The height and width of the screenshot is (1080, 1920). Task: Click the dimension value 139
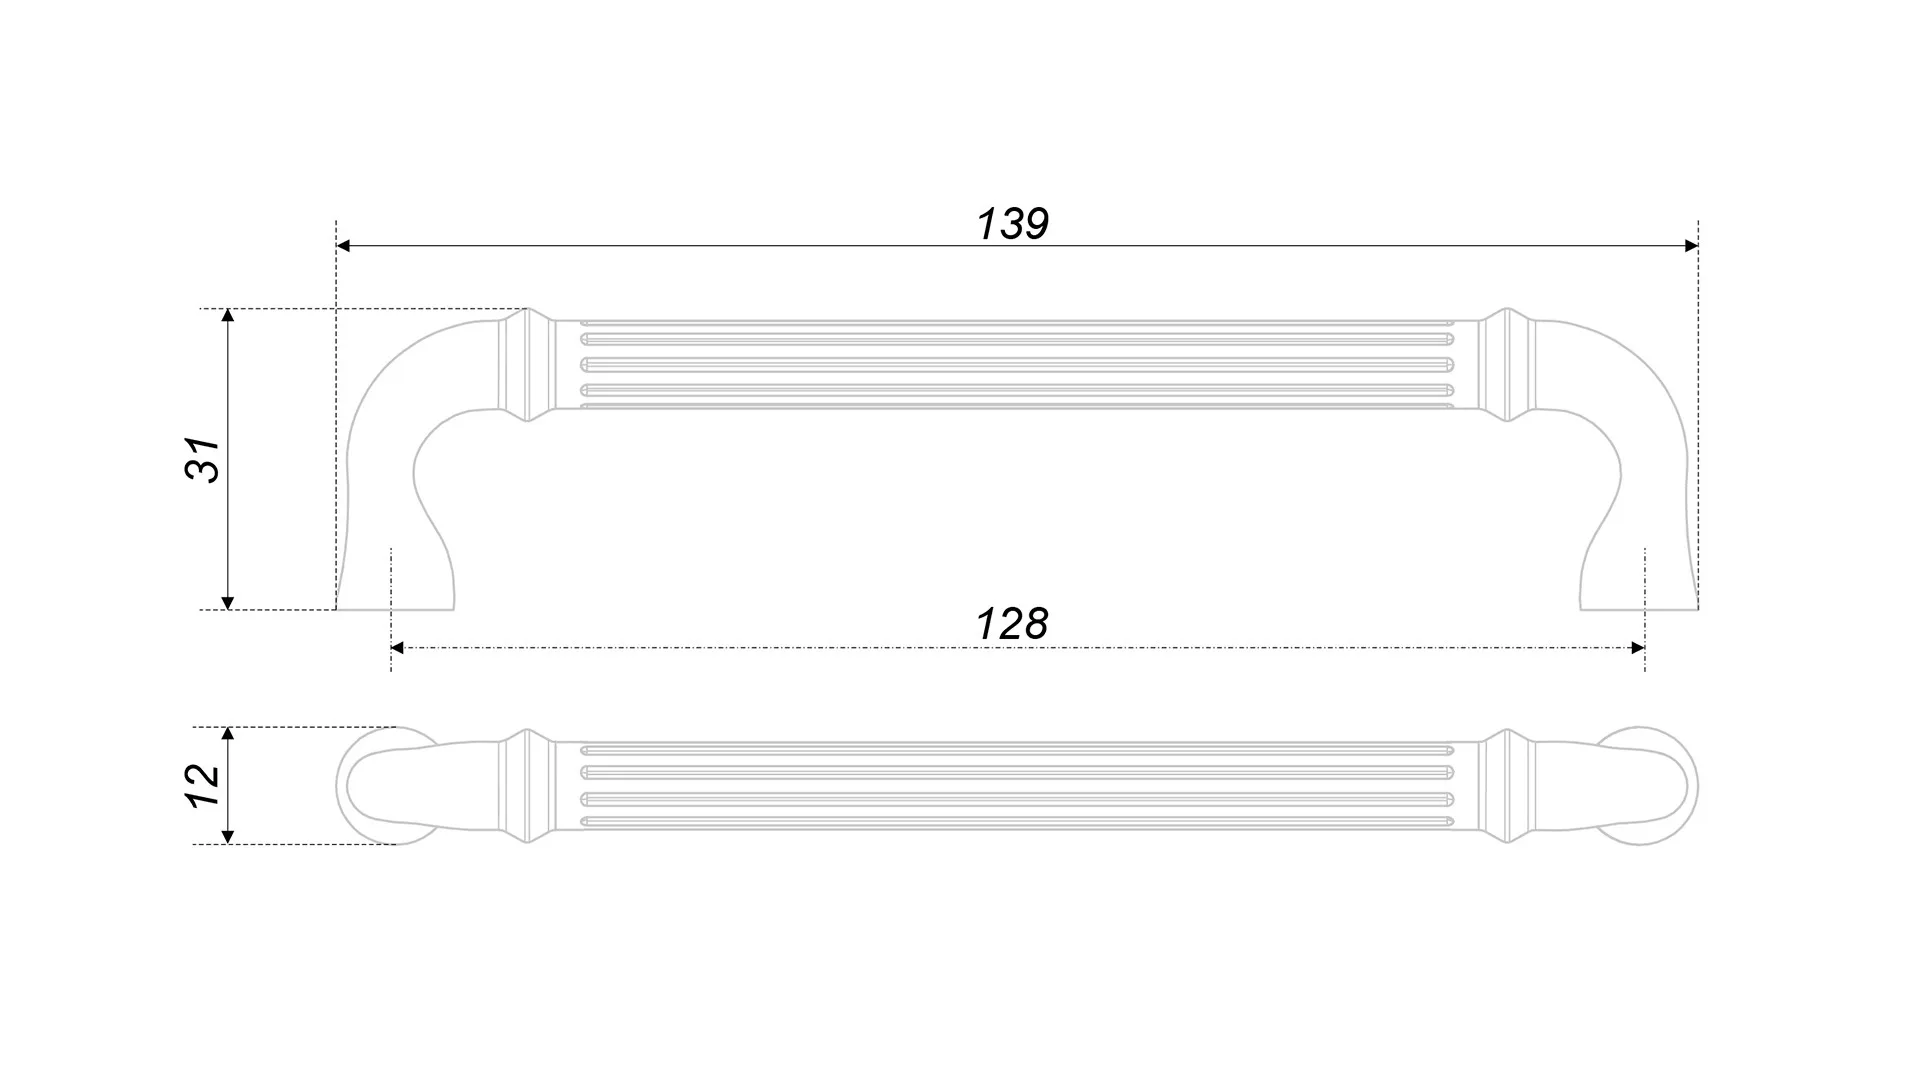click(x=1012, y=224)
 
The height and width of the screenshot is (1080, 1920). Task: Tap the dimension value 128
click(x=1011, y=624)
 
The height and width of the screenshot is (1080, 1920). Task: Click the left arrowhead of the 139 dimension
click(x=344, y=246)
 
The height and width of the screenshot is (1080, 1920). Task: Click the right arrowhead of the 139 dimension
click(x=1691, y=246)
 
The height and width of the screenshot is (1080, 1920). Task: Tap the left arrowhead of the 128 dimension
click(x=397, y=648)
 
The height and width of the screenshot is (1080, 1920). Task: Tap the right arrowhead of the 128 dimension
click(x=1637, y=648)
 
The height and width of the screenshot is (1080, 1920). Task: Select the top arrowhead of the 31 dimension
click(x=228, y=316)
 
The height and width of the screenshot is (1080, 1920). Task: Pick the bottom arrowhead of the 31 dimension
click(x=228, y=602)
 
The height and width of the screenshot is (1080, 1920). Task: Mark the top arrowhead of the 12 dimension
click(x=228, y=734)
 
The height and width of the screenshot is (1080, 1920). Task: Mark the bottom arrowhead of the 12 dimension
click(x=228, y=837)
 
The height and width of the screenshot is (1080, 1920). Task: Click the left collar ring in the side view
click(x=526, y=365)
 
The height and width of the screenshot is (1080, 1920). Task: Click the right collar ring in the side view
click(x=1506, y=365)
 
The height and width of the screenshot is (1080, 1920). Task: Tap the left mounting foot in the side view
click(x=394, y=585)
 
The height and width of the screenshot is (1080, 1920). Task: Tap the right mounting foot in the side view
click(x=1640, y=585)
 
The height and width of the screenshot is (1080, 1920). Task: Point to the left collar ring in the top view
click(x=526, y=786)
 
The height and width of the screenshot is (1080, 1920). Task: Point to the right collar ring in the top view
click(x=1506, y=786)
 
